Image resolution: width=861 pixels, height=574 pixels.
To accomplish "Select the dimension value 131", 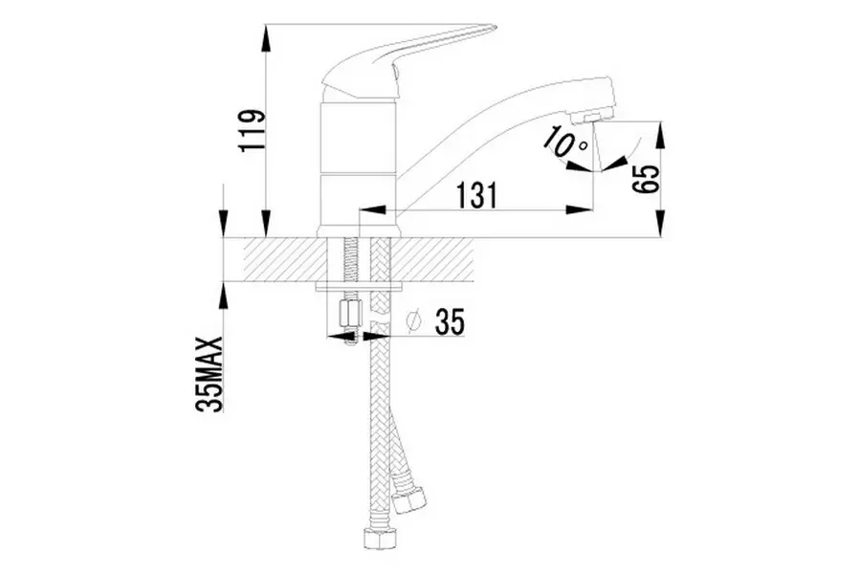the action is coord(477,195).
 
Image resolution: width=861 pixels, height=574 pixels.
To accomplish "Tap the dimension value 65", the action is coord(645,179).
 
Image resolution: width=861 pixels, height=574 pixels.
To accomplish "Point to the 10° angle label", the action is coord(564,141).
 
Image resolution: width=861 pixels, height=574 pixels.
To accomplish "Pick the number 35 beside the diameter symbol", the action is coord(450,321).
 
